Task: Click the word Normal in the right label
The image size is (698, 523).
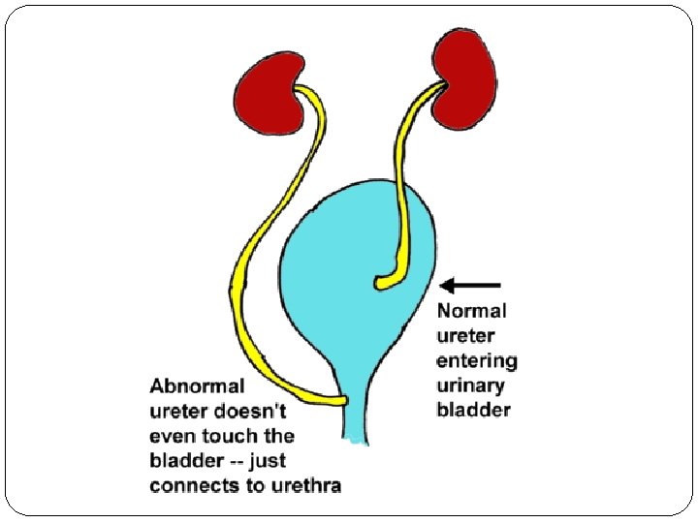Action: pos(472,312)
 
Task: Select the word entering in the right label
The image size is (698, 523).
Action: pos(477,361)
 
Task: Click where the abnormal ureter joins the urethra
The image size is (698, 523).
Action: pos(341,398)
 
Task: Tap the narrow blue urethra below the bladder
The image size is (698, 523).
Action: pos(365,416)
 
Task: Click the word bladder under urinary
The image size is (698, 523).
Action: pos(474,411)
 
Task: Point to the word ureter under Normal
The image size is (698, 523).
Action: pos(465,336)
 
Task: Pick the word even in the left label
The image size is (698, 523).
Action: pos(172,436)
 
